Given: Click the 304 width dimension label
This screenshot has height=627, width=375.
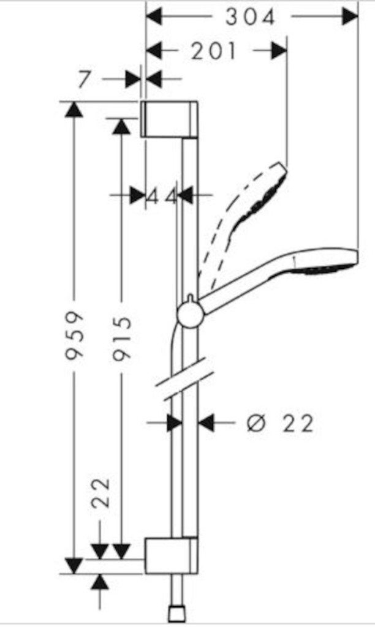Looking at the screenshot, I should (251, 17).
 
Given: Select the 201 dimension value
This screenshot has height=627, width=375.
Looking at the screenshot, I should (213, 51).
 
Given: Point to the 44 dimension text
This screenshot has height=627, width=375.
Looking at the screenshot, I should (162, 196).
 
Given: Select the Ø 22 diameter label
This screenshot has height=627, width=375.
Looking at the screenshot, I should (280, 423).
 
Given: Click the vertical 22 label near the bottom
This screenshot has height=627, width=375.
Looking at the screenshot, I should (100, 494).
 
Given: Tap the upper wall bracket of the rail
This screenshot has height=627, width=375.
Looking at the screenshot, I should (170, 119).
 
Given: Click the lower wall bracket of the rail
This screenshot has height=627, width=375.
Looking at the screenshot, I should (171, 556).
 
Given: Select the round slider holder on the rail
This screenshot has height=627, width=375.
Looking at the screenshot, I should (189, 315).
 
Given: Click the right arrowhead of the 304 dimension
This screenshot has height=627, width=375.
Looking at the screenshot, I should (350, 17).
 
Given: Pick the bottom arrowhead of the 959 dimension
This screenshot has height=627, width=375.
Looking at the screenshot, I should (74, 566).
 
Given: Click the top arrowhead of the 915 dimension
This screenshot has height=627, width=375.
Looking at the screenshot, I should (122, 126).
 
